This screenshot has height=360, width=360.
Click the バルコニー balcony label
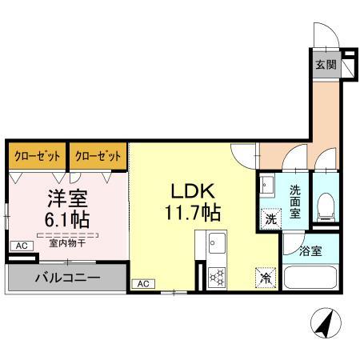66,279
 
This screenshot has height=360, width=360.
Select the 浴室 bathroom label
311,251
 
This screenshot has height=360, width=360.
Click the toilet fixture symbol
326,210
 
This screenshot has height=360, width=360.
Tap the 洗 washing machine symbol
270,217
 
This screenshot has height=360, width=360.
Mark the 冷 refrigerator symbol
264,278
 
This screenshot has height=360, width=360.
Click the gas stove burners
217,276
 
